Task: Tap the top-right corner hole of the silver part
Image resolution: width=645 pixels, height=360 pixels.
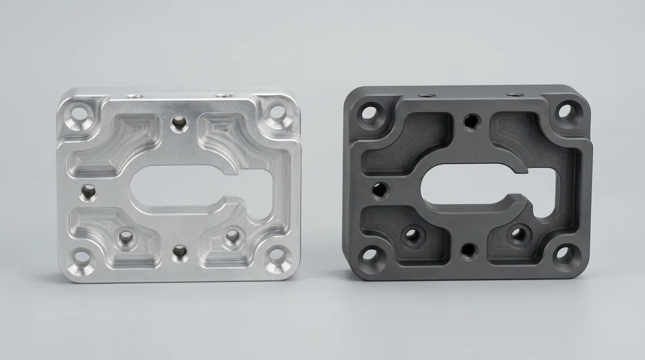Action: pyautogui.click(x=277, y=112)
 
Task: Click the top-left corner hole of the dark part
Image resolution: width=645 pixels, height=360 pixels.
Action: pyautogui.click(x=370, y=113)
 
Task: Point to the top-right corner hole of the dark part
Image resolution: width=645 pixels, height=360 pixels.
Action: pyautogui.click(x=566, y=111)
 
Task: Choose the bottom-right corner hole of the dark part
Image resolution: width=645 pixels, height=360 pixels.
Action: pyautogui.click(x=563, y=254)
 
